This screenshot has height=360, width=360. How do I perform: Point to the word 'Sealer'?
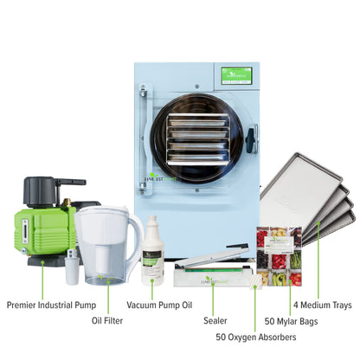pos(216,320)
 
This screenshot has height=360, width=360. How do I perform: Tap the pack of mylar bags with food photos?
pos(279,256)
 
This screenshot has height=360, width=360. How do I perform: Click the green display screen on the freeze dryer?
pos(236,75)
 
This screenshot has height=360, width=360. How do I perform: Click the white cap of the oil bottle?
pos(152,222)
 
